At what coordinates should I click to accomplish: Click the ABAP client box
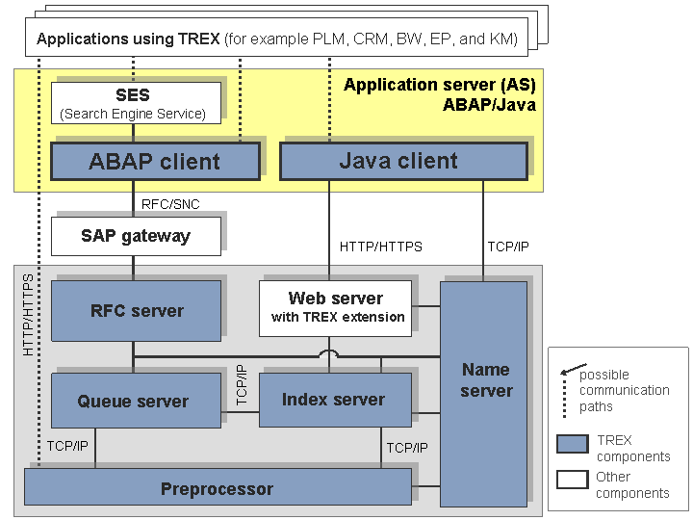(x=155, y=161)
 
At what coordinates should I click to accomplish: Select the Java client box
(x=402, y=161)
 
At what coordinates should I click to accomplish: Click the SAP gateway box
(x=135, y=236)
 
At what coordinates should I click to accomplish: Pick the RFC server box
(x=136, y=311)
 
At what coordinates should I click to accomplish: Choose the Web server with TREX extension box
(x=335, y=308)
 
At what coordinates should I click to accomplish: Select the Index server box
(x=334, y=400)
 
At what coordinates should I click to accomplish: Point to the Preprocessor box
(x=217, y=488)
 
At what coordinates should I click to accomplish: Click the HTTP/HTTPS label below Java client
(x=381, y=247)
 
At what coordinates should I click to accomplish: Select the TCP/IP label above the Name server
(x=508, y=247)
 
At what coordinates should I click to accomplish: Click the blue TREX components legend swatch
(x=573, y=445)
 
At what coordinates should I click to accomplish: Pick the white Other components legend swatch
(x=573, y=480)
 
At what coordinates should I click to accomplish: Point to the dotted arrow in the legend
(x=568, y=389)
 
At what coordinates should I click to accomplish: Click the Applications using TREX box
(x=277, y=39)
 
